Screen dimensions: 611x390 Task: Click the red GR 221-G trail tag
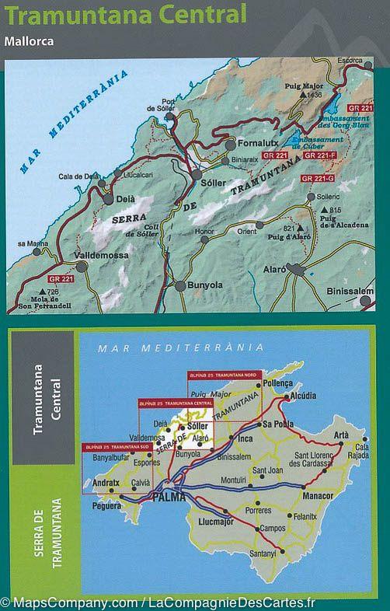tap(318, 179)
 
